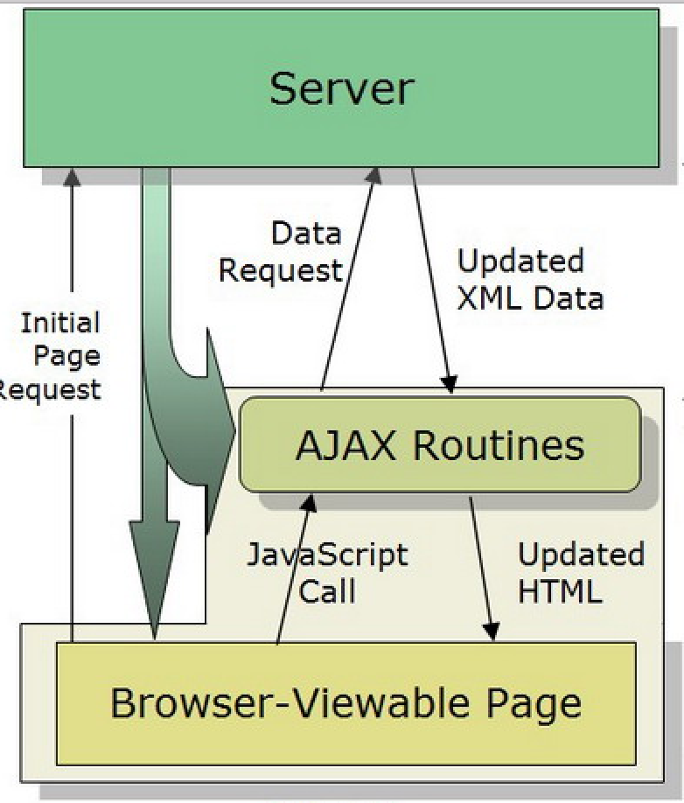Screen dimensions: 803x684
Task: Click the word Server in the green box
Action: (341, 88)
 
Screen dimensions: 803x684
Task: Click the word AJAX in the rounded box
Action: (346, 445)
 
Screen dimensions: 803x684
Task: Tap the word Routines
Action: (499, 445)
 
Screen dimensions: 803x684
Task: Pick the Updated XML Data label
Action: (529, 280)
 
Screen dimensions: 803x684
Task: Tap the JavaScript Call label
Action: (327, 573)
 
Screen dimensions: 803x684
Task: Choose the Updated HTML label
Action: (579, 573)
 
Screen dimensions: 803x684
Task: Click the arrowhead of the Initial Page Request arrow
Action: (73, 176)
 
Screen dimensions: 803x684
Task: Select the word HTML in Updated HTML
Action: (560, 591)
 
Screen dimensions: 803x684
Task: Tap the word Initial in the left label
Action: (60, 324)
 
